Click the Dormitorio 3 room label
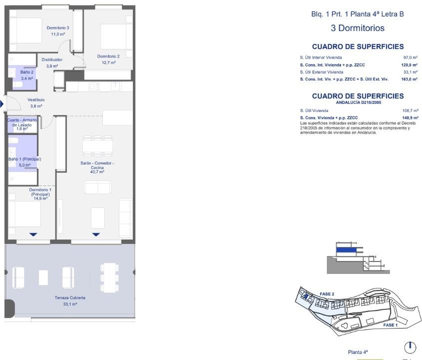coord(58,28)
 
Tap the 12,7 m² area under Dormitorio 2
coord(108,63)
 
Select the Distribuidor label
coord(52,59)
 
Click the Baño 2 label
coord(27,72)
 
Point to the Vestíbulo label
coord(36,100)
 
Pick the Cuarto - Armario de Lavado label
coord(22,122)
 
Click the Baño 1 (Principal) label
coord(24,159)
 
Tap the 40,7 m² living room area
coord(97,172)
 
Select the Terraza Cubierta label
coord(70,297)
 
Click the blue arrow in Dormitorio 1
coord(33,234)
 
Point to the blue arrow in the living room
coord(96,234)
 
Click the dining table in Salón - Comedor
coord(97,146)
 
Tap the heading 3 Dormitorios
coord(358,28)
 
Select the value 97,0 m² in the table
coord(410,58)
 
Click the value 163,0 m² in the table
coord(409,79)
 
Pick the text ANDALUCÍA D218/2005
coord(358,102)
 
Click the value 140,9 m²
coord(410,118)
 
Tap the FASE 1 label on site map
coord(390,325)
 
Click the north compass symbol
coord(410,347)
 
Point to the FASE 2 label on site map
coord(327,294)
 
